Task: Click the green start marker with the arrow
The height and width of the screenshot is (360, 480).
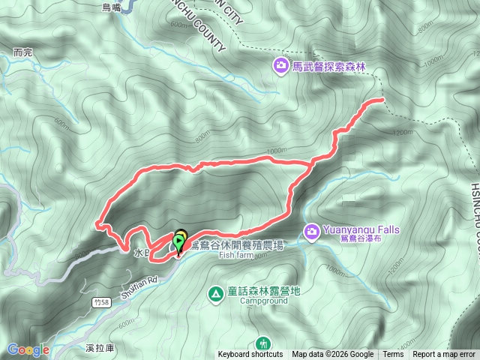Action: [178, 242]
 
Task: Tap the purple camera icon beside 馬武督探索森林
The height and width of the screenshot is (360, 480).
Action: [280, 67]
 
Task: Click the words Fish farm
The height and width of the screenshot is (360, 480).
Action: [238, 255]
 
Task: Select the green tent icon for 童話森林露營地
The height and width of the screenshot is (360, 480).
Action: [215, 293]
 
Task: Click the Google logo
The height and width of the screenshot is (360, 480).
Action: [28, 349]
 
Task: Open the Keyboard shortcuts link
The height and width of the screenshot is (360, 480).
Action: [250, 355]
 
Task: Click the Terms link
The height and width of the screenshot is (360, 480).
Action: [393, 355]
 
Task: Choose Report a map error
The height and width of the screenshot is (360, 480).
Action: [445, 355]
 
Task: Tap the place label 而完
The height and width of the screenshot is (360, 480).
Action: [23, 52]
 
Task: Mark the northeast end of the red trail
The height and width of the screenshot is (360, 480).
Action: [382, 99]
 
